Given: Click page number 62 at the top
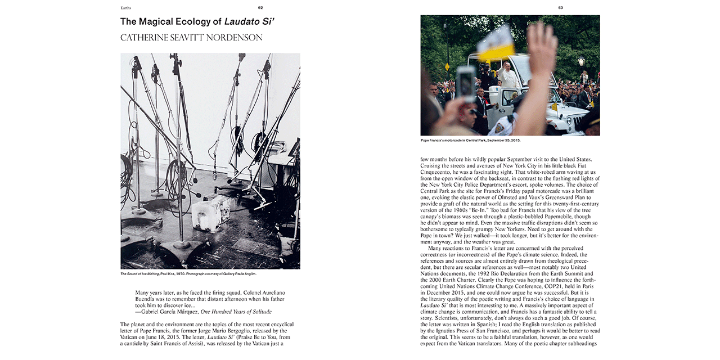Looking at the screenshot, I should pos(260,8).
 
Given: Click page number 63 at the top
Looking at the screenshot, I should pos(560,8).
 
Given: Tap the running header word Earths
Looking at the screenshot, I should pos(126,8).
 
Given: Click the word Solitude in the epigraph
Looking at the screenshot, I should pos(258,312).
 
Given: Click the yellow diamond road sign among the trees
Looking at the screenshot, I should pos(447,66).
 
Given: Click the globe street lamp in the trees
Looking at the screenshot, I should pos(581,61).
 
